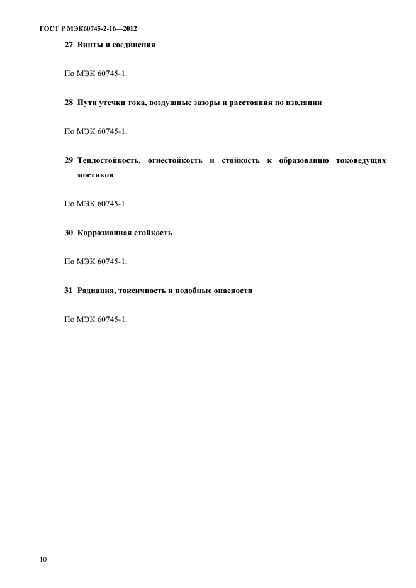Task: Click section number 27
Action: [x=69, y=45]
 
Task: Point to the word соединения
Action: [x=133, y=45]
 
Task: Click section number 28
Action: [x=69, y=102]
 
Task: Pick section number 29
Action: [x=69, y=161]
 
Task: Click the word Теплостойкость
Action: [x=108, y=161]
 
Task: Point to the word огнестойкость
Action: [x=174, y=161]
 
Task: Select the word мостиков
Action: [x=95, y=176]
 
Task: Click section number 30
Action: [x=69, y=233]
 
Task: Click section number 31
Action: [x=69, y=291]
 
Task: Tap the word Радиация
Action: [x=96, y=291]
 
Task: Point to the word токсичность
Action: [x=142, y=291]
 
